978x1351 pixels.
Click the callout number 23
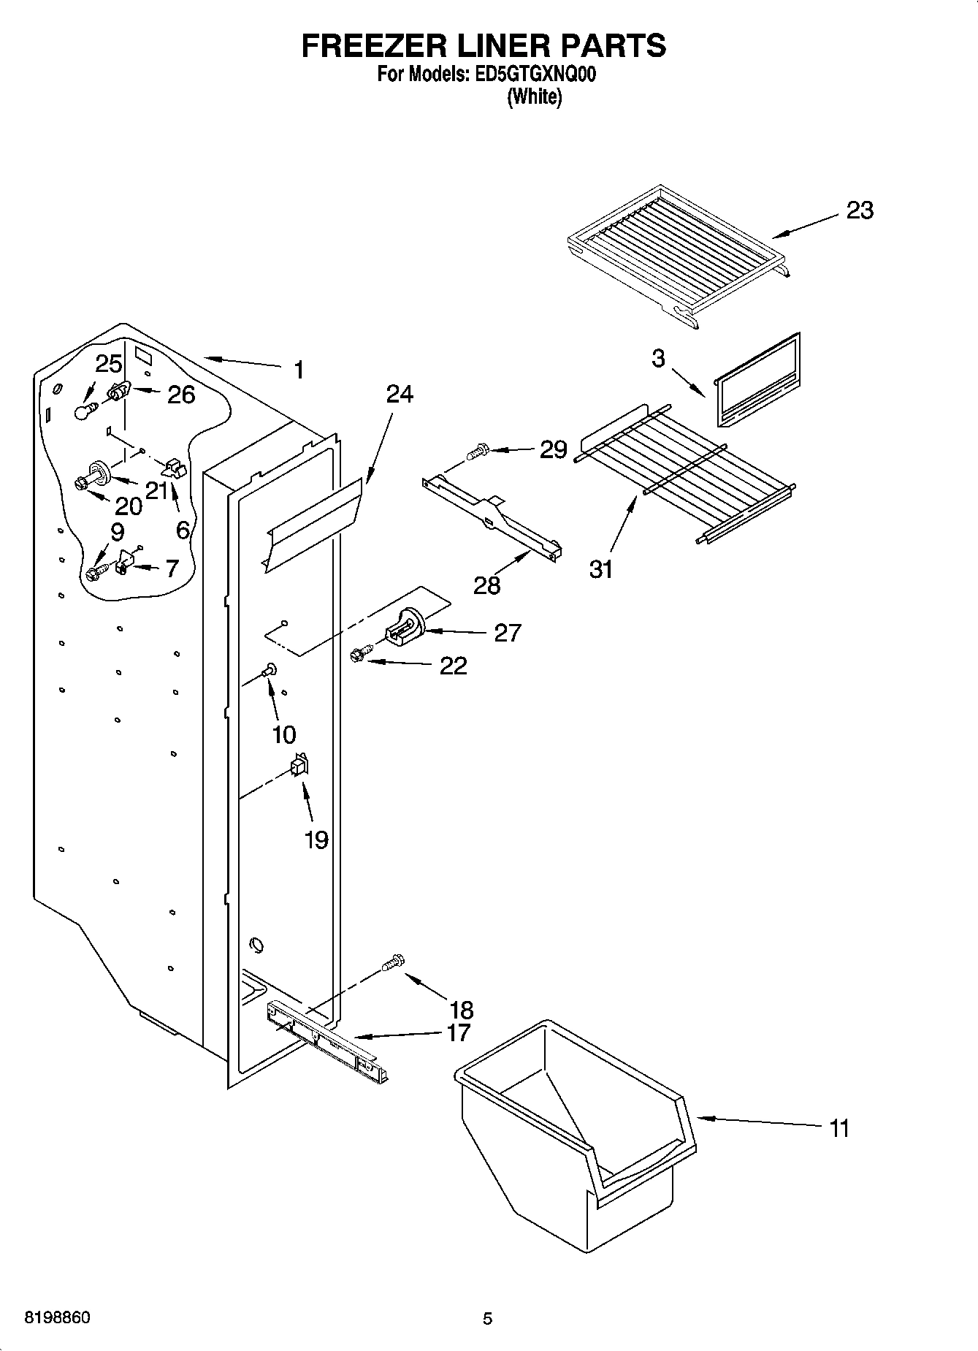pyautogui.click(x=859, y=210)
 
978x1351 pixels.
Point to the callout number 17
pyautogui.click(x=459, y=1032)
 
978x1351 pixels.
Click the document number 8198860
pyautogui.click(x=58, y=1317)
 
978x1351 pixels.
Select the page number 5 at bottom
pyautogui.click(x=487, y=1318)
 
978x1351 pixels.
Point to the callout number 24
pyautogui.click(x=399, y=394)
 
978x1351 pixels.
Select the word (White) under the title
pyautogui.click(x=535, y=96)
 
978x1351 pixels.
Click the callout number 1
pyautogui.click(x=298, y=370)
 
